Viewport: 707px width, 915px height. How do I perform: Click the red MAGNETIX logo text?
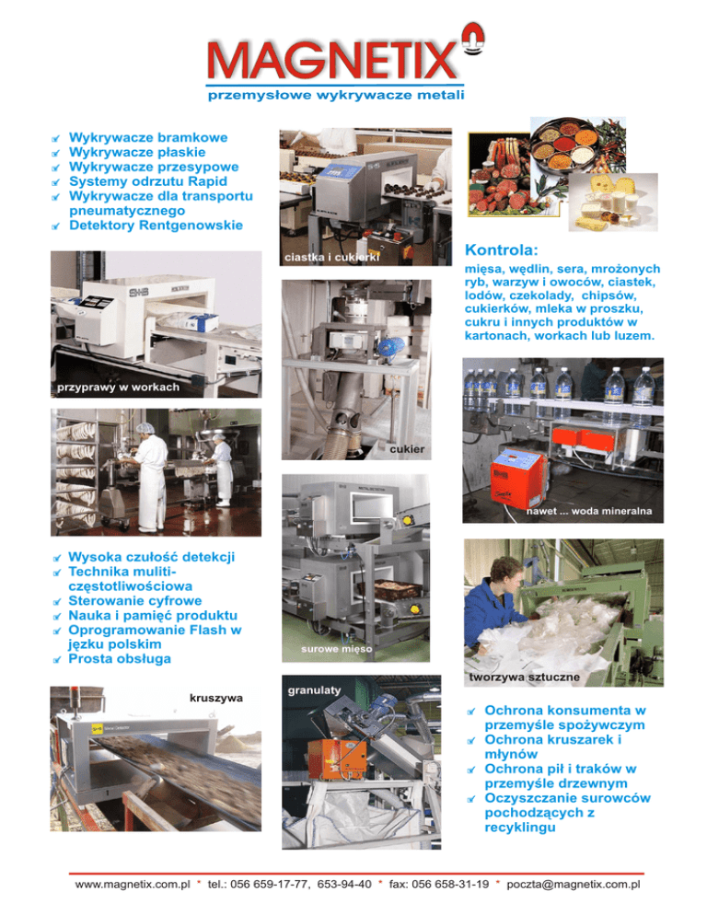click(x=331, y=60)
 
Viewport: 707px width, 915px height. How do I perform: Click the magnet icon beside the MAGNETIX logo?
click(x=473, y=39)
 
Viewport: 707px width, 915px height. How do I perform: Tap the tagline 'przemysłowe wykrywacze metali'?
click(x=336, y=95)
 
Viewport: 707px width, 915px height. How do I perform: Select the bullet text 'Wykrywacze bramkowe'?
click(x=148, y=138)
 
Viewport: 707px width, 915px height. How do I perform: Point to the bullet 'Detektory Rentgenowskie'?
click(x=156, y=226)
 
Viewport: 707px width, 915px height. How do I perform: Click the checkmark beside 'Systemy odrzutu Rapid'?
click(x=56, y=182)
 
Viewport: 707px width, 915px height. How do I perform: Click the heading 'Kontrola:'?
click(x=501, y=250)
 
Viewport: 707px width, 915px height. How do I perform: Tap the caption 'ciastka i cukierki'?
click(x=331, y=258)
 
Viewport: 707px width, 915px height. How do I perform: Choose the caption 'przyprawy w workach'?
click(x=118, y=388)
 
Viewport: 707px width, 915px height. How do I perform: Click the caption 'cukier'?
click(x=407, y=449)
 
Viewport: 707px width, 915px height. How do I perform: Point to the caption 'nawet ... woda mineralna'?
click(x=588, y=511)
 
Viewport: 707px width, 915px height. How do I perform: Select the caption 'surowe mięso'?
click(x=336, y=649)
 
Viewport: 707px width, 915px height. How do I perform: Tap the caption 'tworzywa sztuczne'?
click(x=524, y=677)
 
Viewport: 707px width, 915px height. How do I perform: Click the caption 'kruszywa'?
click(x=216, y=698)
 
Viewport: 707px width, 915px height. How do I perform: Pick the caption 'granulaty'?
click(x=314, y=690)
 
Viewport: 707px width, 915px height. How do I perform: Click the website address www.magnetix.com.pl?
click(x=133, y=885)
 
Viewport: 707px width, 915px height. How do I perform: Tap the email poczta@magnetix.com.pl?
click(x=574, y=885)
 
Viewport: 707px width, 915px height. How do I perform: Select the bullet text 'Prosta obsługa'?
click(x=120, y=659)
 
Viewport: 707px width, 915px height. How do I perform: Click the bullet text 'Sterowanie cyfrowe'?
click(x=134, y=601)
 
